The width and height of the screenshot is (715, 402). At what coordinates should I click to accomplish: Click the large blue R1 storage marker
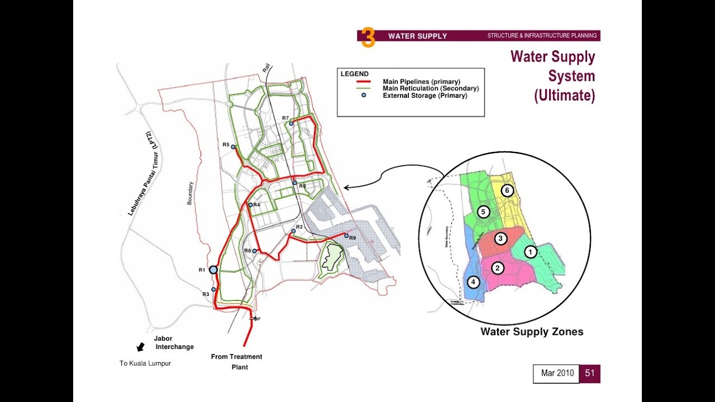[x=213, y=270]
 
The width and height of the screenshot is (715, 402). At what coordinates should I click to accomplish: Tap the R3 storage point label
[x=206, y=294]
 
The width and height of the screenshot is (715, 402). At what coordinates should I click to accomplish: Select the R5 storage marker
[x=233, y=147]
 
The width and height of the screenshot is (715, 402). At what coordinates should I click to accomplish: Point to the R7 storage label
[x=285, y=118]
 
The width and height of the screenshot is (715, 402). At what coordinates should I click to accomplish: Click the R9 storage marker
[x=346, y=236]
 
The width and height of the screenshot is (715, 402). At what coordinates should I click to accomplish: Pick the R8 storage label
[x=247, y=251]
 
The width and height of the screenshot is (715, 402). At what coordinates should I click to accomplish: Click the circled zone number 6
[x=507, y=190]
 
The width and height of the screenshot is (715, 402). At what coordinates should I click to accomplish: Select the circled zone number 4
[x=473, y=282]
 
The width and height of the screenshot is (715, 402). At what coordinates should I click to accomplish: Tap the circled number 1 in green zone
[x=531, y=252]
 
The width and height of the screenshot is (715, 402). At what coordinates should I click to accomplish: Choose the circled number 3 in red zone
[x=501, y=239]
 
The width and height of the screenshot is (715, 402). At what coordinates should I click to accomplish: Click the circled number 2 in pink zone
[x=497, y=269]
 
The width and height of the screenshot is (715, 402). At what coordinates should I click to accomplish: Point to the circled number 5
[x=484, y=212]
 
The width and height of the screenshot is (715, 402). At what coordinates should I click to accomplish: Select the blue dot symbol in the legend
[x=364, y=95]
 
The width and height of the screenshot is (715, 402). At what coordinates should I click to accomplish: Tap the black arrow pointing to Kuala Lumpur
[x=140, y=347]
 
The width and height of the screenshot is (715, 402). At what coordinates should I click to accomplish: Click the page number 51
[x=590, y=374]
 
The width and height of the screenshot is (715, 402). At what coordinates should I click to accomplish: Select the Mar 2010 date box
[x=557, y=374]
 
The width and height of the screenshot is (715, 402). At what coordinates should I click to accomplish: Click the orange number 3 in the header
[x=368, y=37]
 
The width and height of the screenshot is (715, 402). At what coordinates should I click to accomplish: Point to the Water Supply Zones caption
[x=532, y=332]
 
